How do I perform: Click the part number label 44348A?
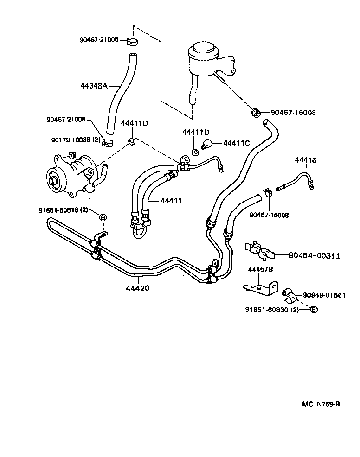coord(94,86)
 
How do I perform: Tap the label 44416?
coord(305,160)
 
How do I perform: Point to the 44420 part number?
coord(137,288)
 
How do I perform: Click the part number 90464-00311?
coord(314,255)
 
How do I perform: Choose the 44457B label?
coord(260,269)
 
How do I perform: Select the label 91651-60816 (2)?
coord(64,210)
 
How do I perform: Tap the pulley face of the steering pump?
coord(55,179)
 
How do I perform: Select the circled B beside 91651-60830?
coord(314,310)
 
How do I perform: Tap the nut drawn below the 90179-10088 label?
coord(72,154)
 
